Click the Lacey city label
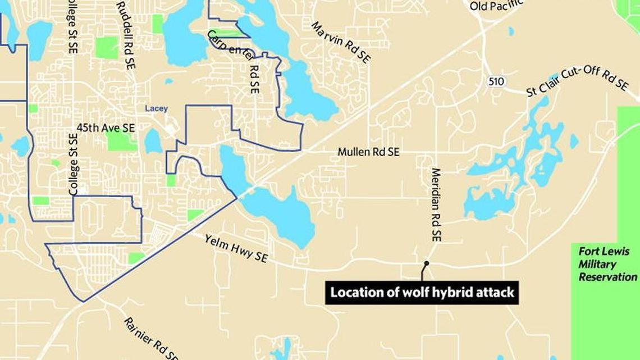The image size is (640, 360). (x=156, y=108)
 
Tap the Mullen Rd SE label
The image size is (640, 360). (x=368, y=152)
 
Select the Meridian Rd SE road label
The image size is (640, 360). (x=436, y=204)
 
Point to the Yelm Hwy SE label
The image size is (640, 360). (x=236, y=249)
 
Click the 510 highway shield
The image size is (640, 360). (x=496, y=81)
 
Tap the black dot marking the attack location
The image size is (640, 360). (x=427, y=263)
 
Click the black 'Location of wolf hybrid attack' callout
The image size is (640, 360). (x=422, y=293)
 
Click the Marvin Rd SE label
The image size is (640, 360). (x=340, y=43)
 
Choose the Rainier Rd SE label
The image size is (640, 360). (x=152, y=338)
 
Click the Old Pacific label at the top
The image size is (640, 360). (x=496, y=6)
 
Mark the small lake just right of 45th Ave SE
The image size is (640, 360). (x=153, y=141)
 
